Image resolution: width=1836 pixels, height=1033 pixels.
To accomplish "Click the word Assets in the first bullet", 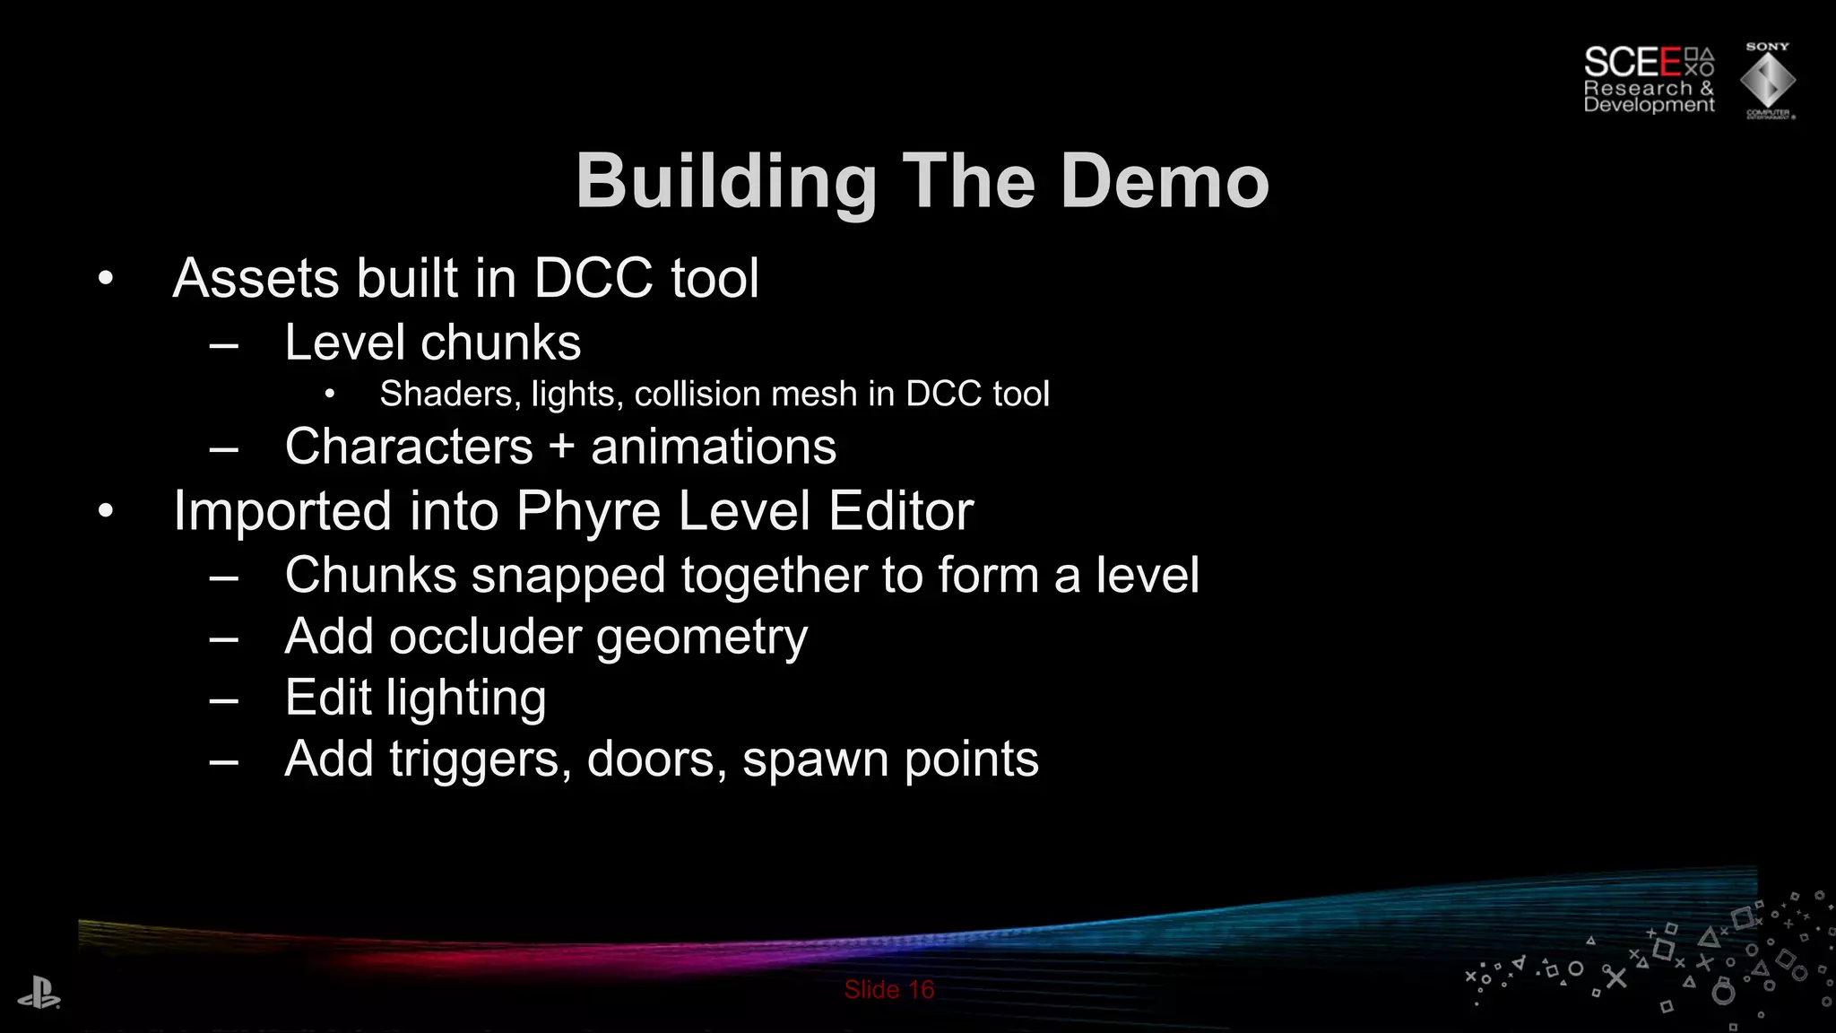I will [255, 278].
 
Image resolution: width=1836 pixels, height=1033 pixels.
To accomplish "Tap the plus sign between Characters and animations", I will [562, 447].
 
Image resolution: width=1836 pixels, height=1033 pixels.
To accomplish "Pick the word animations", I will [714, 447].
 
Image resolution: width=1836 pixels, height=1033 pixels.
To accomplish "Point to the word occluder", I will [485, 637].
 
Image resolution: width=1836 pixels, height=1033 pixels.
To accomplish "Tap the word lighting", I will [466, 699].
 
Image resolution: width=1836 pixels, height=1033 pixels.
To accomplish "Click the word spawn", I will [815, 760].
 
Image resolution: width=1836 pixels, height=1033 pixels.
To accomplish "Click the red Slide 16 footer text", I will [888, 990].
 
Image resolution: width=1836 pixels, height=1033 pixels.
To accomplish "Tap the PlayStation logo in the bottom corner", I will [39, 994].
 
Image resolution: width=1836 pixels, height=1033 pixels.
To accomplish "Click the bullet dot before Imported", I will [106, 511].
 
